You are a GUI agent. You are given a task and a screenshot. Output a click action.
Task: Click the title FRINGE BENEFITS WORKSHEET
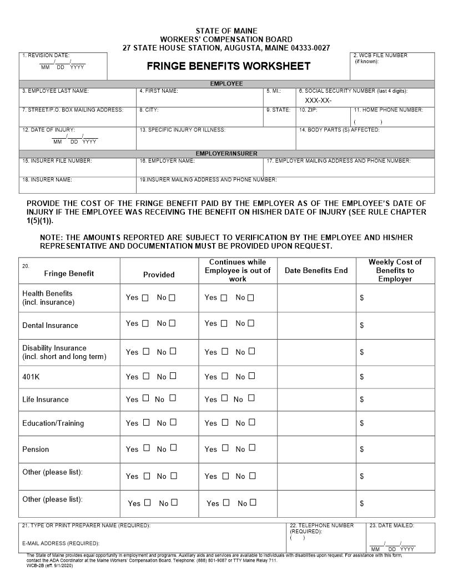[228, 66]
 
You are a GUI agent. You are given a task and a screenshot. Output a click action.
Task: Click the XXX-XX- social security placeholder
[318, 100]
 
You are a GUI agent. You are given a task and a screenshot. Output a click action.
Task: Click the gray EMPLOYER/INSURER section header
[226, 153]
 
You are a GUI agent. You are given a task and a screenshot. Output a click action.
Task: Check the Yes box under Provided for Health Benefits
[145, 298]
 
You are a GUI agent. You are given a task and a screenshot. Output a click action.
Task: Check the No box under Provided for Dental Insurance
[172, 324]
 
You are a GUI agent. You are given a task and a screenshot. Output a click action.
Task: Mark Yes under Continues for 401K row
[224, 376]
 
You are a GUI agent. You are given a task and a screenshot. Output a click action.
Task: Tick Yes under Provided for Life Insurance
[145, 398]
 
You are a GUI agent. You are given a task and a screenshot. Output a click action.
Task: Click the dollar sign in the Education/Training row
[362, 423]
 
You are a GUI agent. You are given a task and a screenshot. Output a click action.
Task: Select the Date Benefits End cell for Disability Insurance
[316, 352]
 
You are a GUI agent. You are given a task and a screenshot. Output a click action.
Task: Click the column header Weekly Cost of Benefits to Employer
[395, 270]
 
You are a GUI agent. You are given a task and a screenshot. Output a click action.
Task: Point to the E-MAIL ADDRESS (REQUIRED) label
[61, 543]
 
